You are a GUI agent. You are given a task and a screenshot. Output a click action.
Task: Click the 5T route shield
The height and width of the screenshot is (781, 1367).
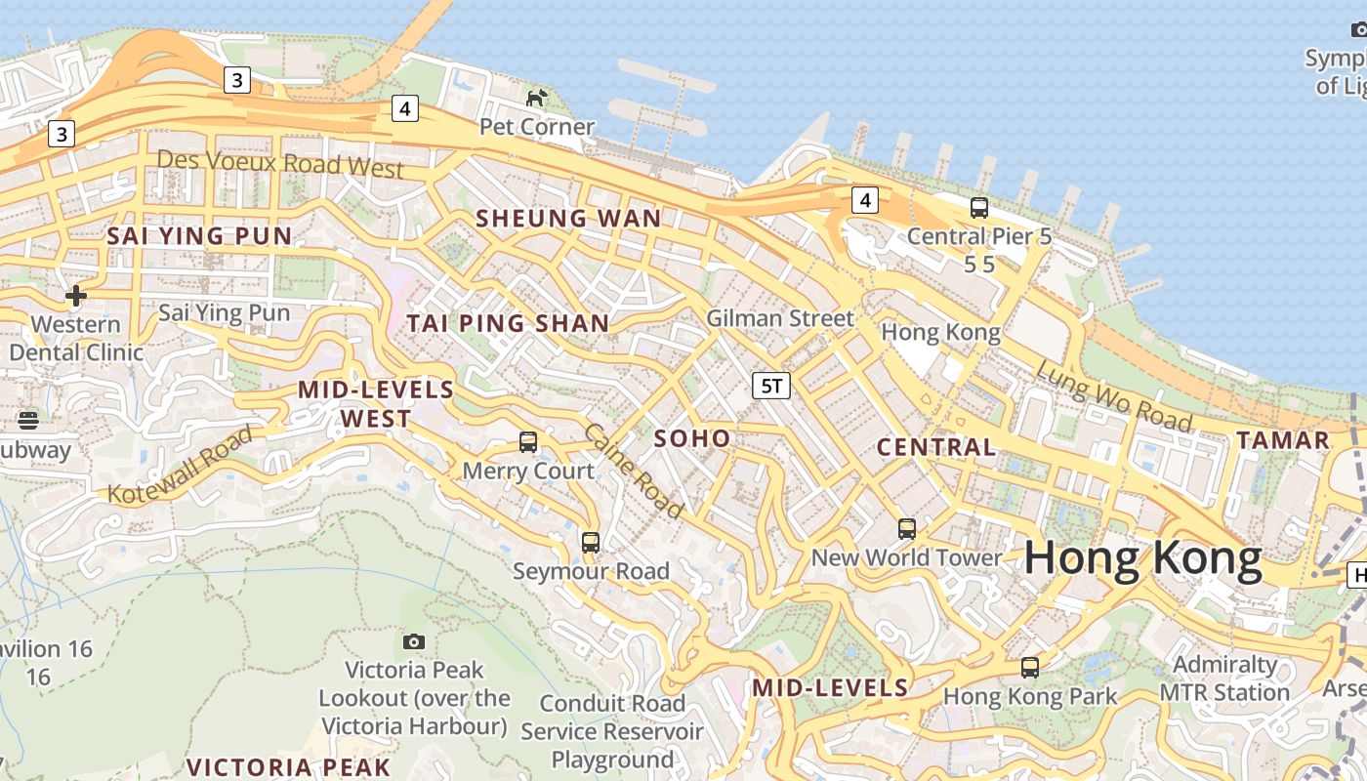click(x=770, y=386)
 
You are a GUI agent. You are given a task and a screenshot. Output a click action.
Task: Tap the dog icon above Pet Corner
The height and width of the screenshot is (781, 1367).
click(x=536, y=98)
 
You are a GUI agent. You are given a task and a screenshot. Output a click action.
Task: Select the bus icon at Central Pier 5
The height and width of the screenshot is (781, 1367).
click(x=978, y=208)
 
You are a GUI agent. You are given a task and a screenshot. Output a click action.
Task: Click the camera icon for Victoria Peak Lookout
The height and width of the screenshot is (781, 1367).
click(x=414, y=641)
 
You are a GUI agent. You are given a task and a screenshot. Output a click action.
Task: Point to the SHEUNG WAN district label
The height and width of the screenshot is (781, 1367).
click(x=568, y=219)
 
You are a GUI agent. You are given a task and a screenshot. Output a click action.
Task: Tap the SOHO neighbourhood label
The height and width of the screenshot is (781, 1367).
click(x=692, y=438)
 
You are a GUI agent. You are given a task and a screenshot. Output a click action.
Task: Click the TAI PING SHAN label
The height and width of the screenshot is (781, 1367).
click(x=508, y=323)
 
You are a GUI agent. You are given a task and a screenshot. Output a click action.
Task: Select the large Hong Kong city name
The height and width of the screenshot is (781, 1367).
click(x=1142, y=558)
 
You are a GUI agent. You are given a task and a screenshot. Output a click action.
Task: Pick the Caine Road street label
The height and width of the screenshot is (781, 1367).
click(x=634, y=471)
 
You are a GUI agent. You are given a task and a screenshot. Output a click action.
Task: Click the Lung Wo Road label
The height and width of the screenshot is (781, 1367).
click(x=1113, y=395)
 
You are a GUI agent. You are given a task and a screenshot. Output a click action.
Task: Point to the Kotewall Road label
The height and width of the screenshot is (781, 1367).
click(x=180, y=465)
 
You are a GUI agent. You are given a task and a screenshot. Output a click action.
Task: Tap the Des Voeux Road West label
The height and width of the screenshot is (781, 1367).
click(x=280, y=163)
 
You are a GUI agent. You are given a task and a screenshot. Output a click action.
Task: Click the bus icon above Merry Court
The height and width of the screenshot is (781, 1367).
click(x=528, y=442)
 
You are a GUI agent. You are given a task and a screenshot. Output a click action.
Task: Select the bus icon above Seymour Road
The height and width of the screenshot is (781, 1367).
click(x=591, y=543)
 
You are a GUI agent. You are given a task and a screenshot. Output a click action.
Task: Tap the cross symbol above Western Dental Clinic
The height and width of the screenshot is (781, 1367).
click(x=75, y=295)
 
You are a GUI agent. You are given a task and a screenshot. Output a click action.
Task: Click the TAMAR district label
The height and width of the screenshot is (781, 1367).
click(x=1283, y=440)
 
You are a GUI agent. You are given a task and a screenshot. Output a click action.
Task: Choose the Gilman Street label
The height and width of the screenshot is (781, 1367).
click(x=779, y=318)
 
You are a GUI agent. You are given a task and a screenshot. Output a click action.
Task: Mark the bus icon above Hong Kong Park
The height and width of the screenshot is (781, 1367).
click(x=1030, y=668)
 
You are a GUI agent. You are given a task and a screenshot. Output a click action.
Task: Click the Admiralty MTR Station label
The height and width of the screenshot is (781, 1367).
click(x=1224, y=678)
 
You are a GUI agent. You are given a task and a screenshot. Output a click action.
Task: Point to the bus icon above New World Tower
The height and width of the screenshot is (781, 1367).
click(x=907, y=529)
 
